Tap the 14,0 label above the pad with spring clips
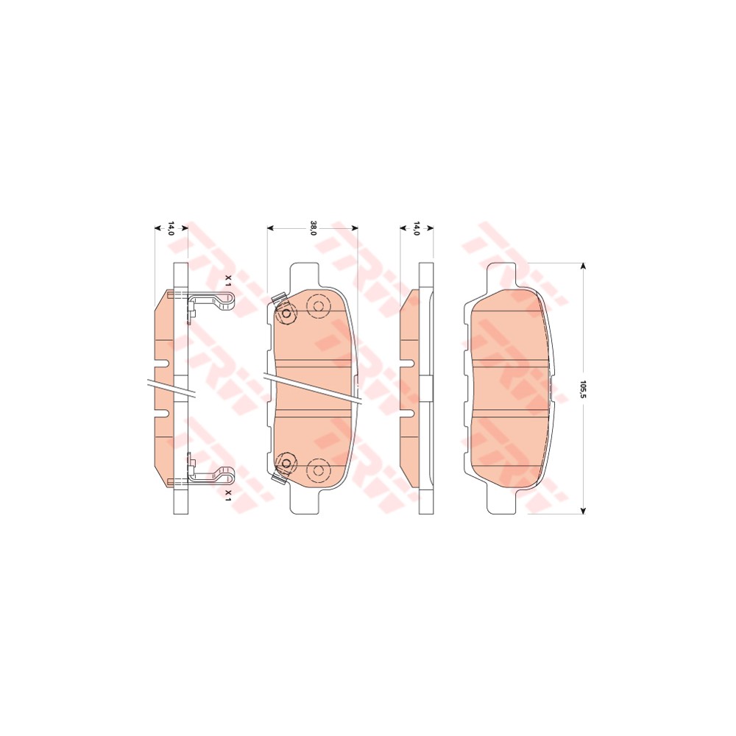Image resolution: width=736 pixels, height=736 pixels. point(171,229)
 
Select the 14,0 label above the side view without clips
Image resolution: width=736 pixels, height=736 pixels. point(416,229)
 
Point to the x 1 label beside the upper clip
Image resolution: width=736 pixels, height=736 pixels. point(227,281)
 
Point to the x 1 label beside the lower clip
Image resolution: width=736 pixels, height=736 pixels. point(227,494)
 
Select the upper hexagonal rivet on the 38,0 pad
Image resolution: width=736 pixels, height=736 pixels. point(286,314)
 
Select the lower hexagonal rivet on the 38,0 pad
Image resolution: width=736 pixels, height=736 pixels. point(286,463)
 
